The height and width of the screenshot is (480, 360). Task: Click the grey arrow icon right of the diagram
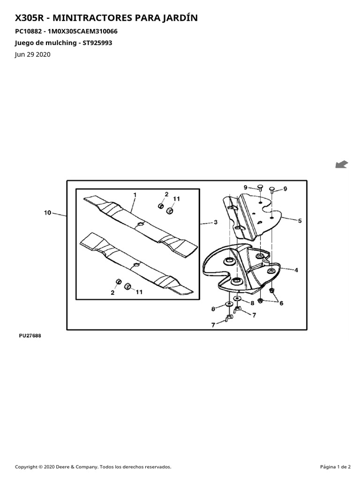pos(342,165)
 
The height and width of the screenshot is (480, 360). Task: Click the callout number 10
pos(47,212)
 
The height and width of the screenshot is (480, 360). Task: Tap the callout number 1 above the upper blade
pos(135,195)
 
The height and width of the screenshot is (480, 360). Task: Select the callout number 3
pos(216,222)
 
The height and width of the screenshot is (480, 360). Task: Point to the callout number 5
pos(300,220)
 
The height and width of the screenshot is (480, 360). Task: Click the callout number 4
pos(296,270)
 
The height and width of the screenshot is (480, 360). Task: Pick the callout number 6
pos(281,303)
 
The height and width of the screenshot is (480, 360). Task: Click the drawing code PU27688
pos(30,336)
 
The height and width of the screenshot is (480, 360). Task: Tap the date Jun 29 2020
pos(33,54)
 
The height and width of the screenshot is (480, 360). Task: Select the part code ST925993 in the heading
pos(97,43)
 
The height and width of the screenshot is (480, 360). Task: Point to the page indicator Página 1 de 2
pos(336,467)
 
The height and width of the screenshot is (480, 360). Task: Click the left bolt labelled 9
pos(260,187)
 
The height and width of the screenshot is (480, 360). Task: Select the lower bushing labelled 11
pos(127,287)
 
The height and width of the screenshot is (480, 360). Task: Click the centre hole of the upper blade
pos(141,224)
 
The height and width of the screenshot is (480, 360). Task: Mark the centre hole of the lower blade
pos(136,264)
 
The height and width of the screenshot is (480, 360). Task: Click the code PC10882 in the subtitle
pos(28,31)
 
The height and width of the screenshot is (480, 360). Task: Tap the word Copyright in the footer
pos(26,467)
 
